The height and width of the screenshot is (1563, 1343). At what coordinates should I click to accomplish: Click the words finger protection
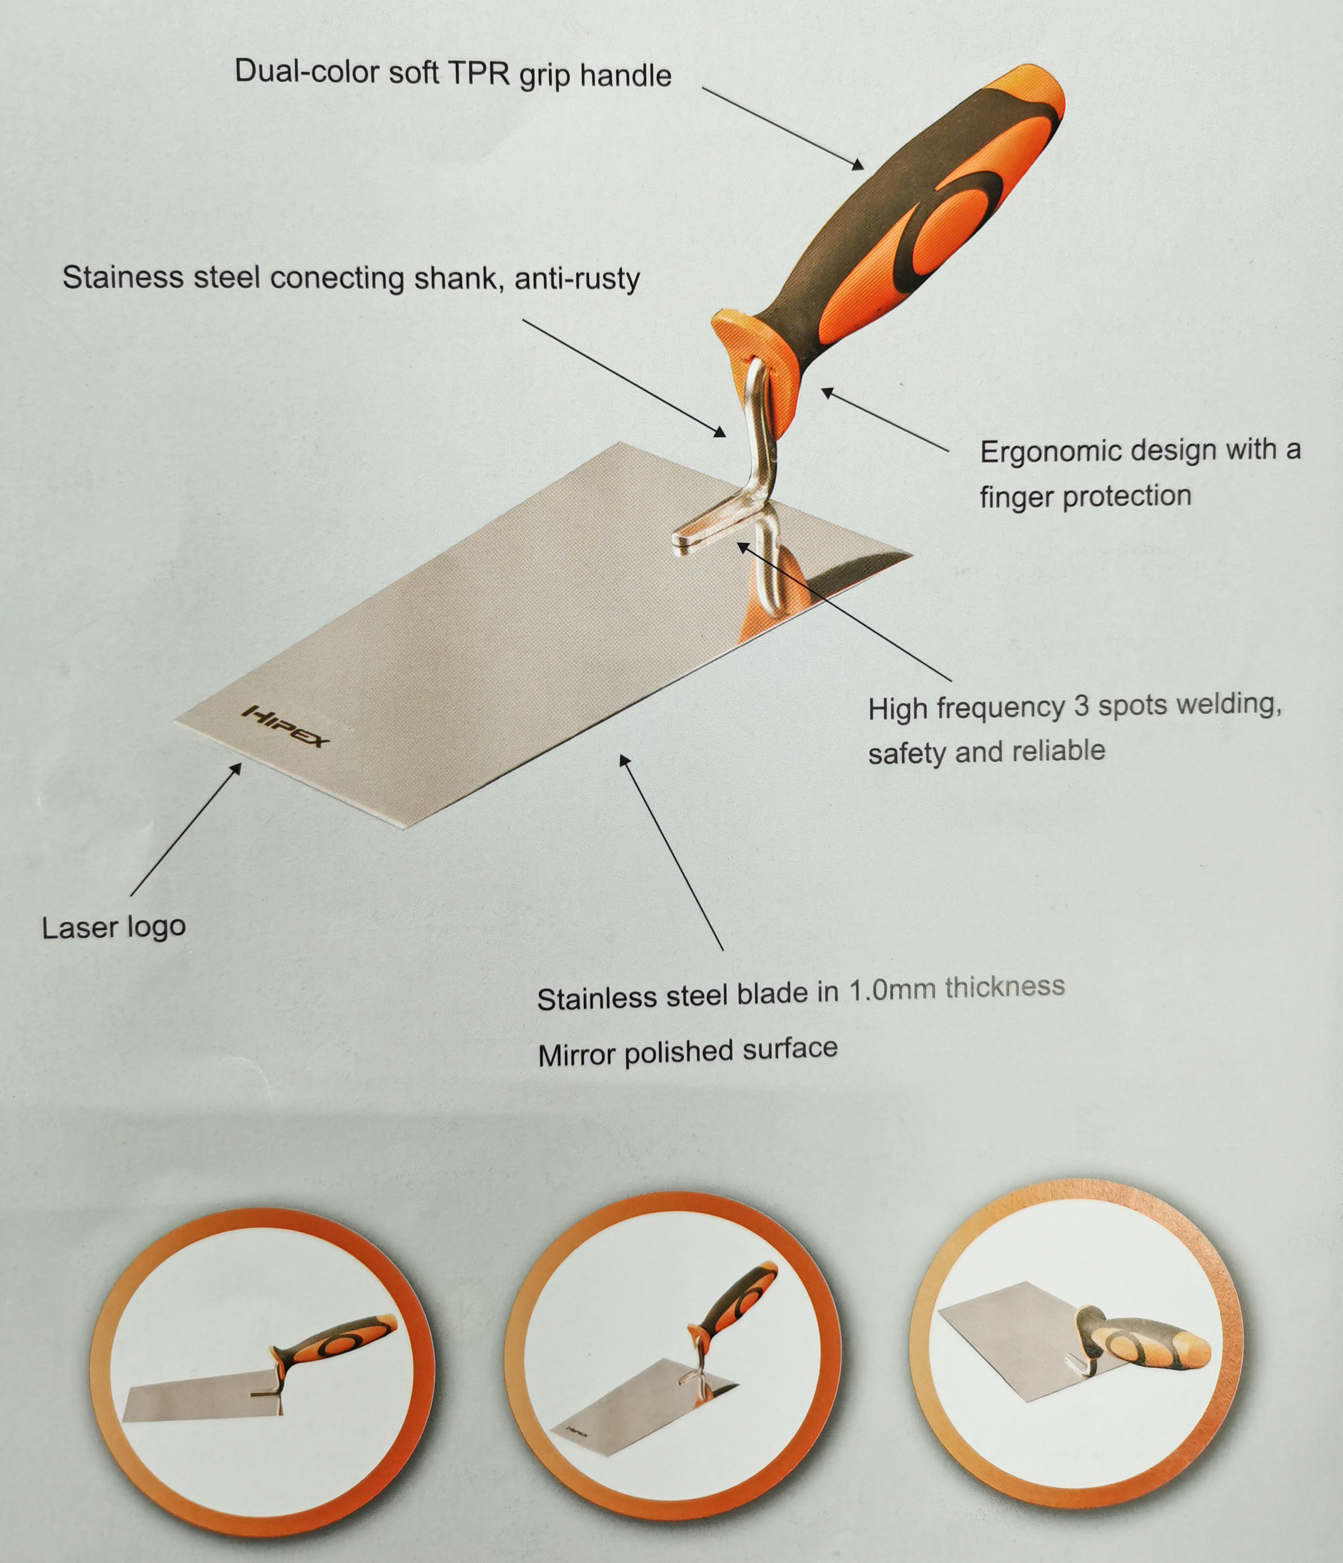pyautogui.click(x=1086, y=496)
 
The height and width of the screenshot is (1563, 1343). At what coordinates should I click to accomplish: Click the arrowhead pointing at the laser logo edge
pyautogui.click(x=236, y=769)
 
